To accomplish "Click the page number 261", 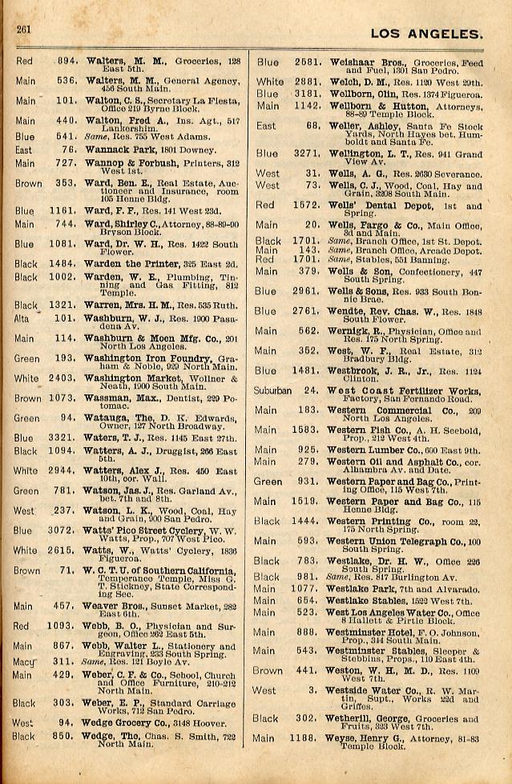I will point(22,30).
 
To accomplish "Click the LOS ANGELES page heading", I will point(427,34).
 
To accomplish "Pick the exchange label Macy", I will point(24,662).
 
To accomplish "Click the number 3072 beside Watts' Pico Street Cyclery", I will point(61,530).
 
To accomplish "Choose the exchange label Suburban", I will point(273,390).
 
